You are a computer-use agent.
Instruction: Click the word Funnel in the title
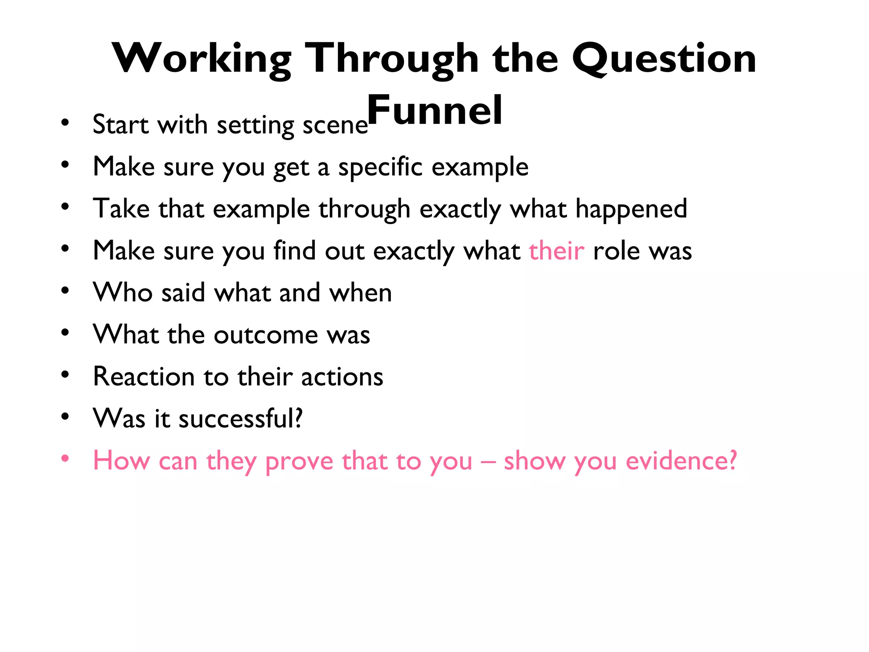pyautogui.click(x=434, y=110)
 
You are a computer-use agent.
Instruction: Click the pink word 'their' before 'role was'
pyautogui.click(x=556, y=250)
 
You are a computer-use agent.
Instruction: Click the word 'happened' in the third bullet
pyautogui.click(x=631, y=209)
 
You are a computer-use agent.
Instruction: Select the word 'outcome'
pyautogui.click(x=266, y=335)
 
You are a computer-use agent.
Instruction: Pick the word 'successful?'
pyautogui.click(x=241, y=419)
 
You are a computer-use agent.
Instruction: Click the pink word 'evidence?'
pyautogui.click(x=681, y=461)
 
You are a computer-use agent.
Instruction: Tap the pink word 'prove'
pyautogui.click(x=299, y=461)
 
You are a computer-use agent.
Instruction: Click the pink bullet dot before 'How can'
pyautogui.click(x=65, y=458)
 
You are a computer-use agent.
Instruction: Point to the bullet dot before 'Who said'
pyautogui.click(x=65, y=291)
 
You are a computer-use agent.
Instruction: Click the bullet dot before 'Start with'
pyautogui.click(x=65, y=123)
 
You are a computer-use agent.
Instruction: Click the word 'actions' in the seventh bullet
pyautogui.click(x=342, y=377)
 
